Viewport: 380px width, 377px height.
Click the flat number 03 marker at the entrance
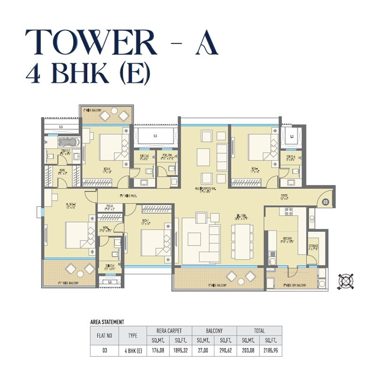click(x=325, y=202)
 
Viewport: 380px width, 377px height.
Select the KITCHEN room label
click(x=287, y=239)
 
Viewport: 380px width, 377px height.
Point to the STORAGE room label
click(x=314, y=247)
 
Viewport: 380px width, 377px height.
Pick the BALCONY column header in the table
click(x=214, y=331)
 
